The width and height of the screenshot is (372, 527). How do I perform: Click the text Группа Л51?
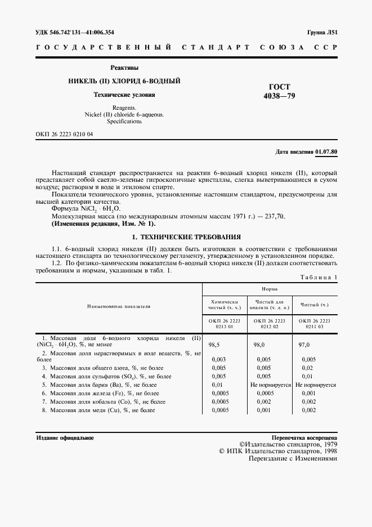322,33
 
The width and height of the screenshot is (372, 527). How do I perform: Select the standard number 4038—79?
279,96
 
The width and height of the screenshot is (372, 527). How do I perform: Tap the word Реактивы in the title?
124,68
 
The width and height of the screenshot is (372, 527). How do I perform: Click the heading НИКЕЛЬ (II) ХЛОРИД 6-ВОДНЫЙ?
124,82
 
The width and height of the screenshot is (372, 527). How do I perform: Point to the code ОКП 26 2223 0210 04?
65,134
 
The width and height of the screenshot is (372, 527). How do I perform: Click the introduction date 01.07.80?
326,152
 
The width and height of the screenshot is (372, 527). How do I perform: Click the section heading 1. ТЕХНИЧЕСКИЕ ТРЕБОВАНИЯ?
186,237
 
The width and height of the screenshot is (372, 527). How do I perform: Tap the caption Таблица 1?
319,277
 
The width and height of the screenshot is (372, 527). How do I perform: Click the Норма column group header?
270,288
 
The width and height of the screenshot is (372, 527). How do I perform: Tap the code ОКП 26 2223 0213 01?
224,323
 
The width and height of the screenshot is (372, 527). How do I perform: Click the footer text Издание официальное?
65,437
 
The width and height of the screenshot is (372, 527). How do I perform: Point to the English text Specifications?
124,121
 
